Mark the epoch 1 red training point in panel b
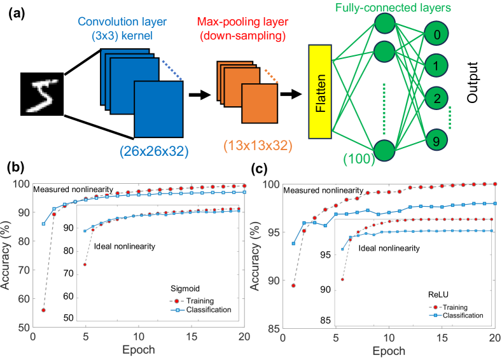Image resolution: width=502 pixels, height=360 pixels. coord(43,310)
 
